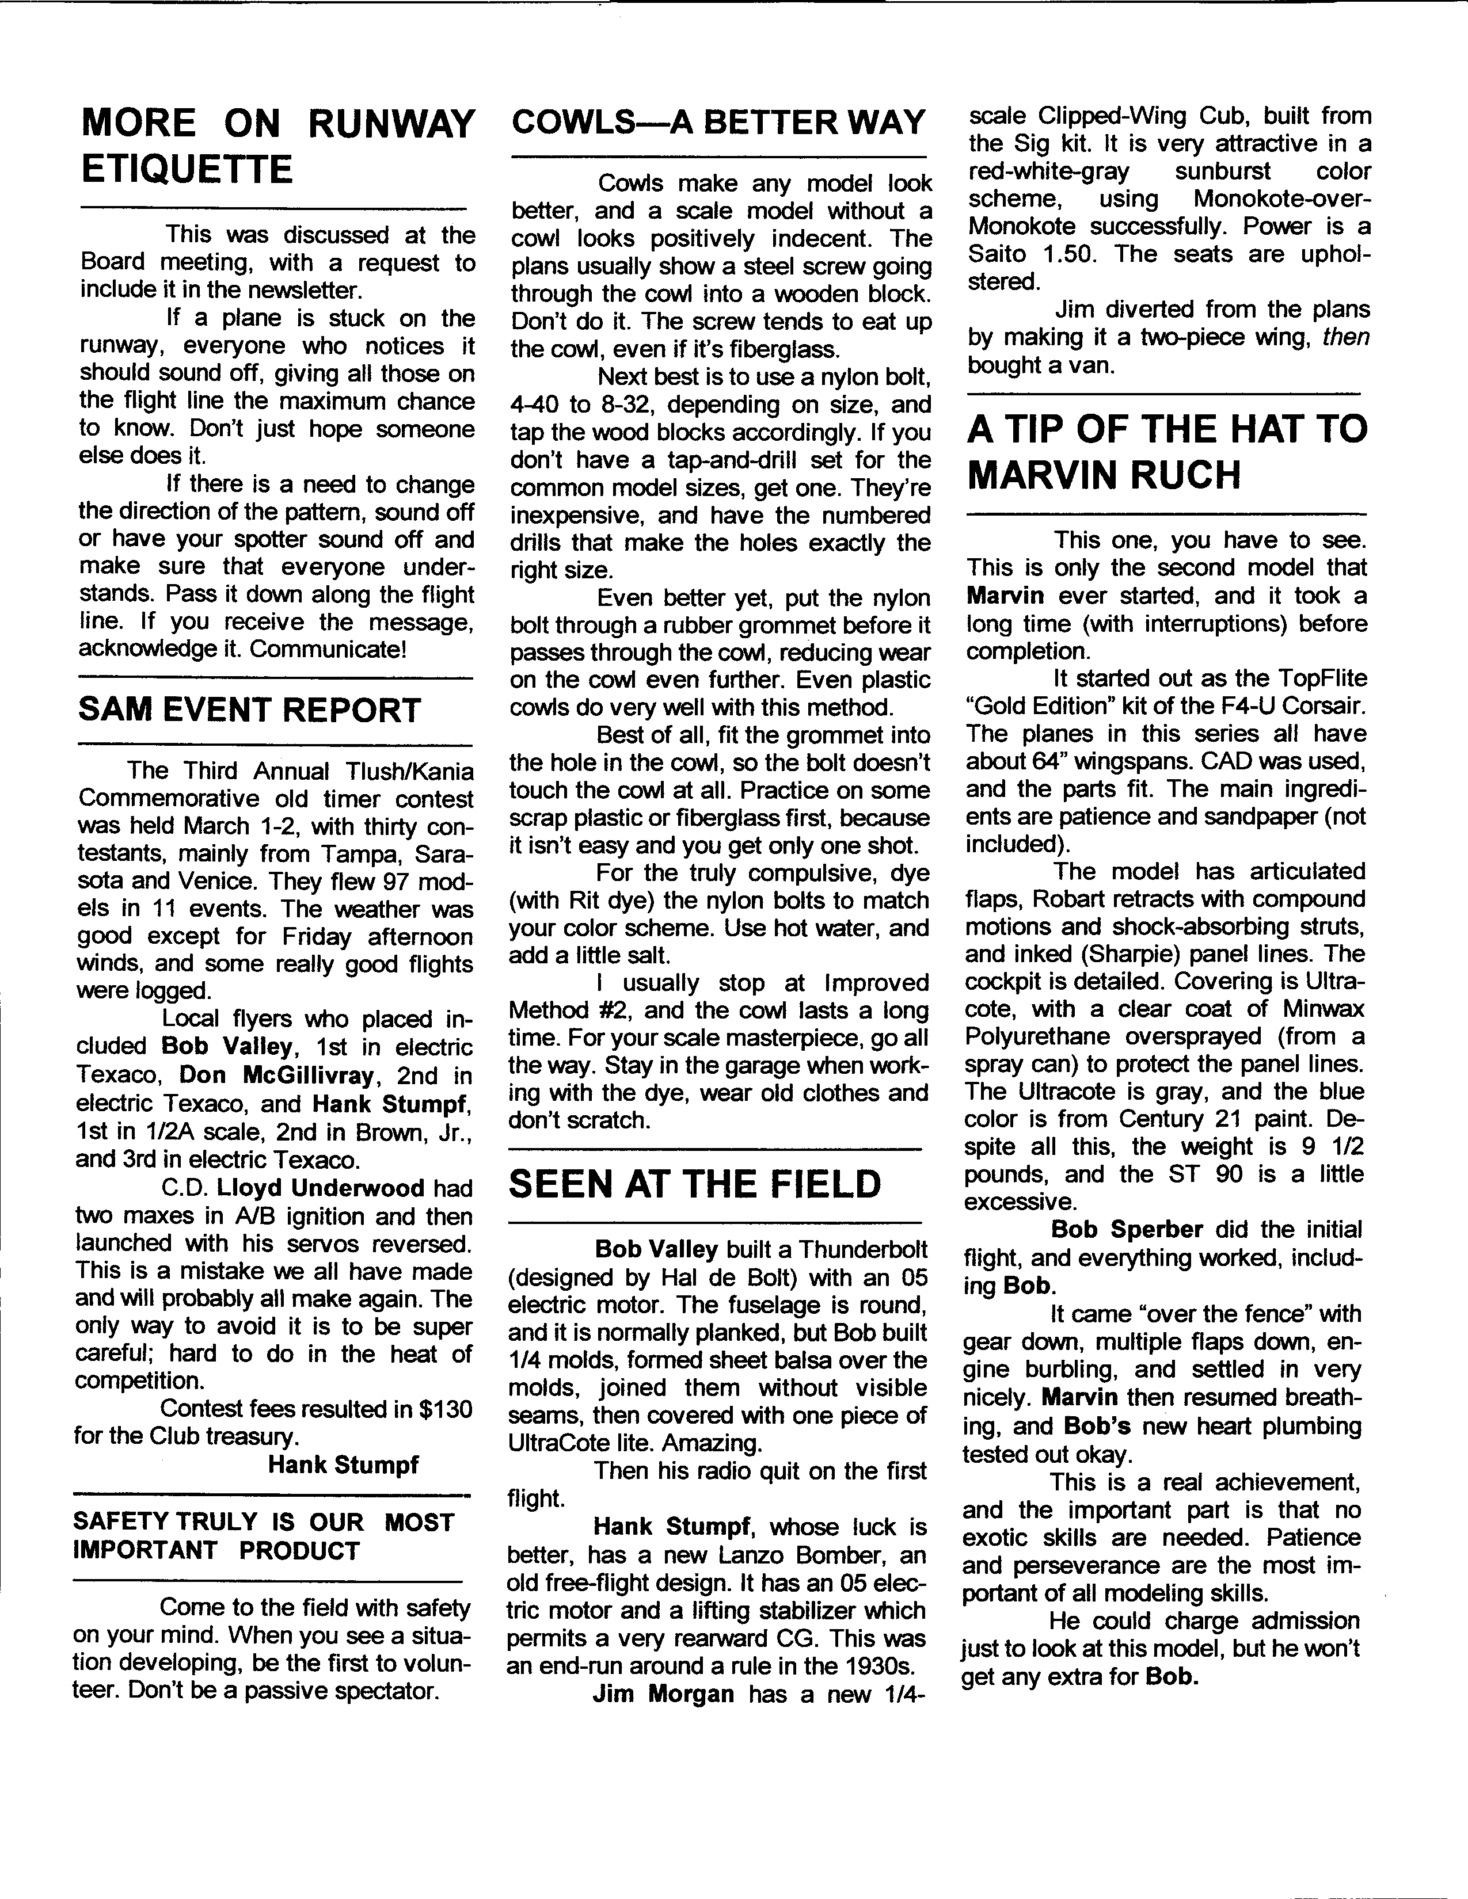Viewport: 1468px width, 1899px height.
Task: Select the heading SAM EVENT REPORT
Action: pyautogui.click(x=250, y=710)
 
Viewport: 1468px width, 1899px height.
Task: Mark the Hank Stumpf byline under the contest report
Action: pyautogui.click(x=343, y=1465)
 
